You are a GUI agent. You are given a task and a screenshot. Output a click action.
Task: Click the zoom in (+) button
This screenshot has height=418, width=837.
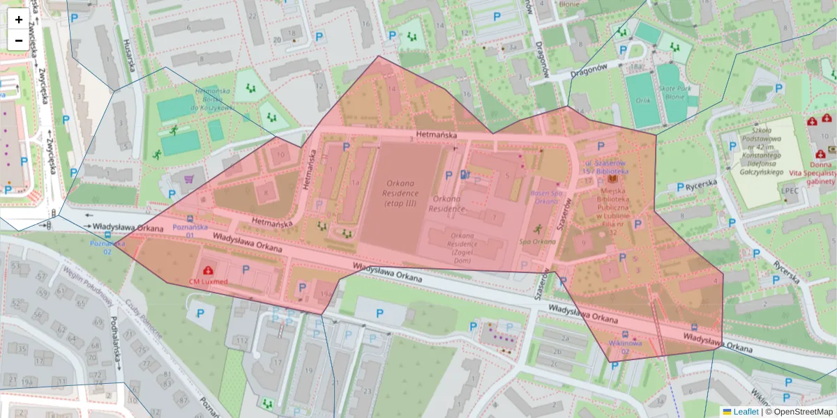click(19, 20)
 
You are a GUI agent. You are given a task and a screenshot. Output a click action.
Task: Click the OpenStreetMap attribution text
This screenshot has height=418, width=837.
click(799, 412)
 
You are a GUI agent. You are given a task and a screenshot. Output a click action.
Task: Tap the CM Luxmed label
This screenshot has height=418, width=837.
click(208, 281)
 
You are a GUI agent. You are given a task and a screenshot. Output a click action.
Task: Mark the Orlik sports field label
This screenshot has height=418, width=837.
click(643, 100)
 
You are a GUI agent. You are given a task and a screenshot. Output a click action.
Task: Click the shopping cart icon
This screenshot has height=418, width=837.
click(188, 180)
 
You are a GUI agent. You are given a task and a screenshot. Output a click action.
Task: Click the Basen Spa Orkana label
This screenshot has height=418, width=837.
click(546, 197)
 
